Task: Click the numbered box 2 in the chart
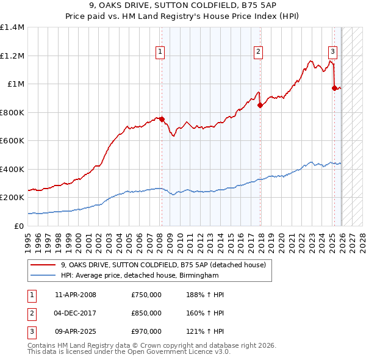(x=259, y=52)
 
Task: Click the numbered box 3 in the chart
(x=333, y=52)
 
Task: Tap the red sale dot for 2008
(x=162, y=120)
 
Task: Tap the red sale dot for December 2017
(x=260, y=105)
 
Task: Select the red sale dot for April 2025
(x=334, y=88)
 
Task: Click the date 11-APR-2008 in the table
(x=75, y=295)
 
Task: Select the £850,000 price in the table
(x=146, y=313)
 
